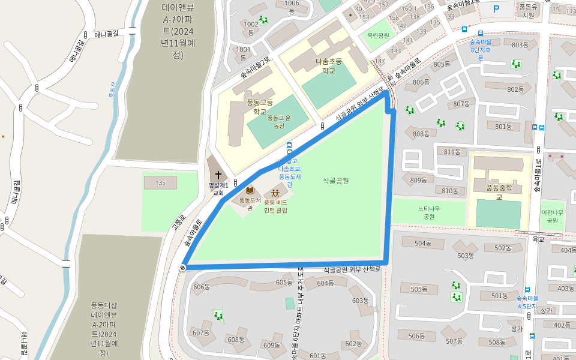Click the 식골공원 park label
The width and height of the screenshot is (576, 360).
(335, 180)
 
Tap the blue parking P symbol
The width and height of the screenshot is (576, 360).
(496, 9)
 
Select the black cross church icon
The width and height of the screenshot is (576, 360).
(218, 175)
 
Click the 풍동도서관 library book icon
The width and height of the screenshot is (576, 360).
(250, 190)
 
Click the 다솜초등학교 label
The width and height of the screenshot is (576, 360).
(328, 65)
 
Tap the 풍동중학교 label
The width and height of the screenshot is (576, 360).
(499, 191)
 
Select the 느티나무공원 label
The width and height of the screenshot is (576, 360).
(428, 212)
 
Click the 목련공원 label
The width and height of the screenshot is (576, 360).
(378, 35)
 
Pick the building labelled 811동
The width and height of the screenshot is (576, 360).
(451, 152)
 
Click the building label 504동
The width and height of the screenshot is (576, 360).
(423, 243)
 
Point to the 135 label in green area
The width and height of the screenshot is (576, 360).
(160, 182)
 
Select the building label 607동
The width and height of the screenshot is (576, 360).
(200, 332)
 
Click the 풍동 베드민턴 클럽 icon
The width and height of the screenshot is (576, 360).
(275, 193)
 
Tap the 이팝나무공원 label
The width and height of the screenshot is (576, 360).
(552, 216)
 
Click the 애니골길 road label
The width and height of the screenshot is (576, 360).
(107, 34)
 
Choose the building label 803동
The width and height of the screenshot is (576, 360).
(520, 45)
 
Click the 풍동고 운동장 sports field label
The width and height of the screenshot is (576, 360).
(278, 122)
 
